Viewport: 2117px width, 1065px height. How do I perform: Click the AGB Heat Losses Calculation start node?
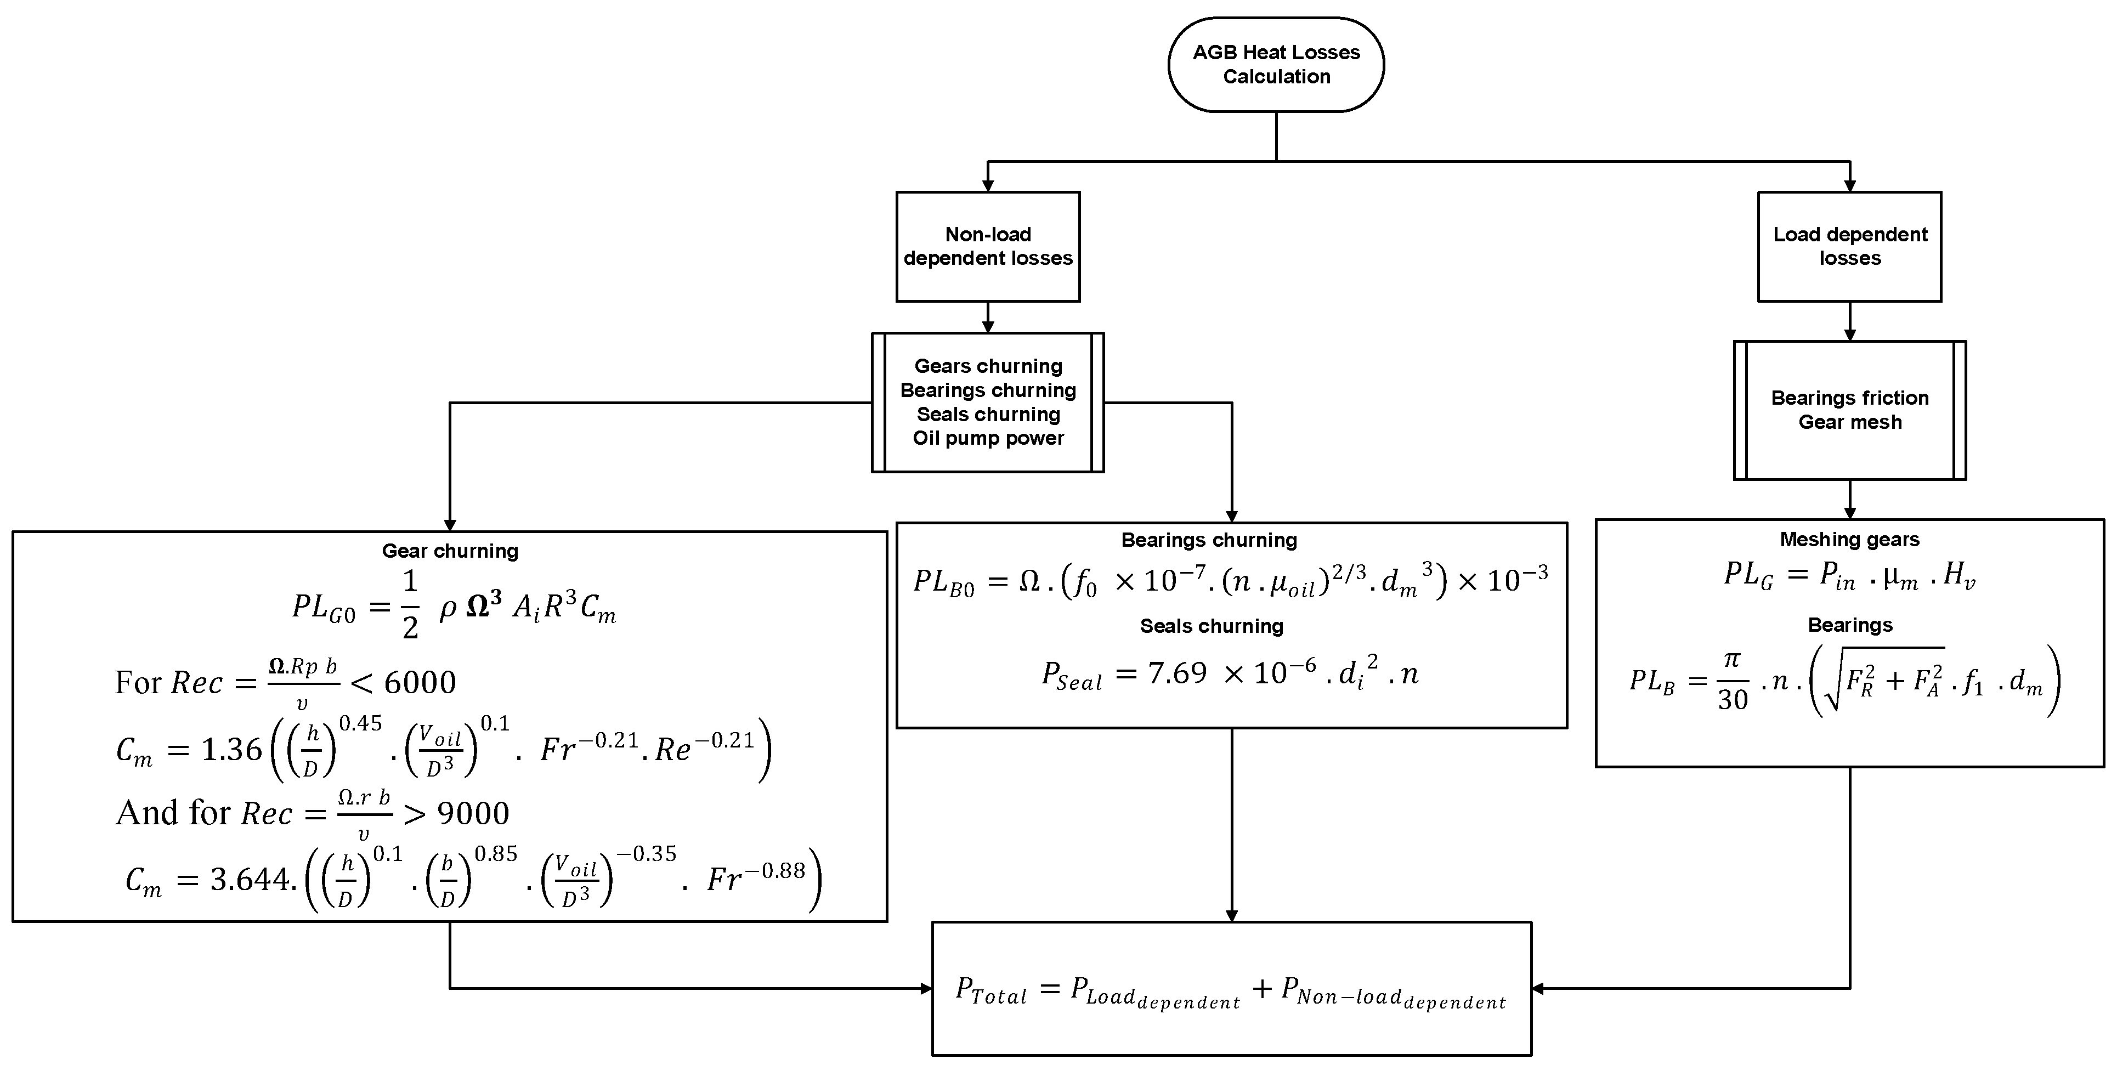(x=1276, y=64)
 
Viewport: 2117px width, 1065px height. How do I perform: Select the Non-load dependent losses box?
(x=987, y=247)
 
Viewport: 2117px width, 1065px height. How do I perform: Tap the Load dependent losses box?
(x=1849, y=247)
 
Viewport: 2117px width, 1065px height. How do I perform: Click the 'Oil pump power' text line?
(x=988, y=438)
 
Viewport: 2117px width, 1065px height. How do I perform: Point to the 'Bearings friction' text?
(x=1849, y=398)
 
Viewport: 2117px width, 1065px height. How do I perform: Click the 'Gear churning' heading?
(x=450, y=551)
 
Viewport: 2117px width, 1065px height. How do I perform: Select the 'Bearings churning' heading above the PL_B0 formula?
(x=1209, y=540)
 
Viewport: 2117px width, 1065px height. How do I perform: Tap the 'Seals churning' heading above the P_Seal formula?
(x=1212, y=626)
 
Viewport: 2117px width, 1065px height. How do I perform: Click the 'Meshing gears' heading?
(x=1849, y=539)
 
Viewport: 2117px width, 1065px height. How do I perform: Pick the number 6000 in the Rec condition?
(x=420, y=682)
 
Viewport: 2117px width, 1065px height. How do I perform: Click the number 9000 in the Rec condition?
(x=473, y=813)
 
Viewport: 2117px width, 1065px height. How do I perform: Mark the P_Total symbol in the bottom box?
(x=991, y=989)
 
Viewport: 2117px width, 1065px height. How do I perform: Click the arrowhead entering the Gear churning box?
(x=450, y=525)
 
